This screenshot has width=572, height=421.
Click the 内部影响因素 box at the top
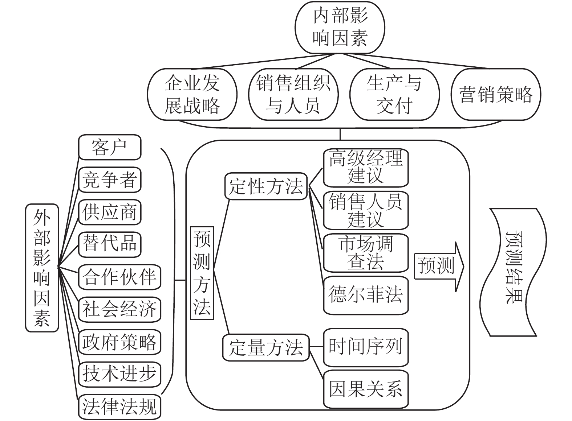click(340, 27)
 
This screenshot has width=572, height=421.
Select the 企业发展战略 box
click(192, 94)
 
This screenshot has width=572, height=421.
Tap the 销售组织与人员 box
click(293, 94)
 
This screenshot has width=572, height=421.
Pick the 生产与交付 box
click(394, 94)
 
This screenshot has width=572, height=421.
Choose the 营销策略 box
click(496, 94)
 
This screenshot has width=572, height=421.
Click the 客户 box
click(110, 147)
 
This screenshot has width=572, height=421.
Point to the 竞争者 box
click(110, 180)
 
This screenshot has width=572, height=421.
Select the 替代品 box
click(110, 244)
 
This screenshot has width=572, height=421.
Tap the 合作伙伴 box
click(119, 277)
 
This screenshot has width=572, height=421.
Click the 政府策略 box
click(119, 342)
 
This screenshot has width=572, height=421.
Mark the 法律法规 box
click(119, 407)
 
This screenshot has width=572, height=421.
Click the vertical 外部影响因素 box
click(42, 268)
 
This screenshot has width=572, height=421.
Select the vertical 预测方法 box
click(202, 273)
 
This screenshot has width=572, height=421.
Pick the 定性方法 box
click(266, 186)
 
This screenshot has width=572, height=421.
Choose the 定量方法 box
click(266, 347)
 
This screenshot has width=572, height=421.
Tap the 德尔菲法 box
click(366, 295)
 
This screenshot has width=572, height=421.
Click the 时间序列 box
click(366, 347)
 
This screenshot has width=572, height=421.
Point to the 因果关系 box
click(366, 389)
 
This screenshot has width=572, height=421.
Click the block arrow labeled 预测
click(439, 267)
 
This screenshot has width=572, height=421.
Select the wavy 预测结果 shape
click(513, 272)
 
